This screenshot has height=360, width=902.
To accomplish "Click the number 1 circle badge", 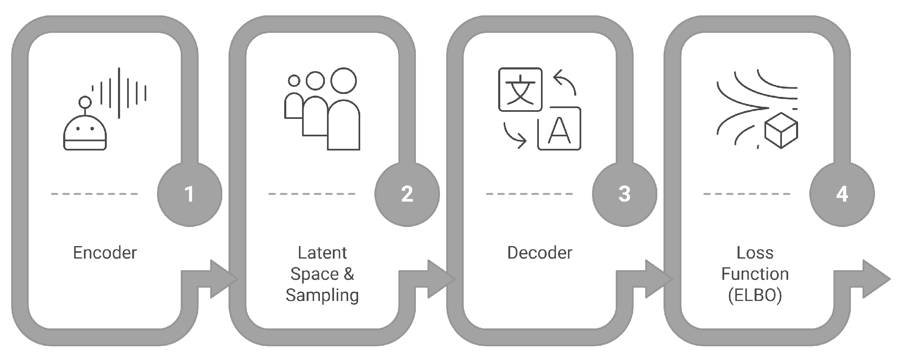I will tap(189, 194).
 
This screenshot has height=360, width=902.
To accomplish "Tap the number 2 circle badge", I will tap(407, 194).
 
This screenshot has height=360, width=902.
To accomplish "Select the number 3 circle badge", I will tap(624, 194).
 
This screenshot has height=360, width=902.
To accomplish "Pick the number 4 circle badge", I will tap(842, 194).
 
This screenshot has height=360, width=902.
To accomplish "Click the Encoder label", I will tap(105, 253).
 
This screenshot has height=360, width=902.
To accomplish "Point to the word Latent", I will tap(322, 253).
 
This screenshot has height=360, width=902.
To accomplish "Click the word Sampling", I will tap(322, 295).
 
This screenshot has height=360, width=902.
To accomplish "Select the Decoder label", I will tap(540, 253).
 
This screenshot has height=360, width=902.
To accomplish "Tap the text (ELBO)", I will tap(755, 295).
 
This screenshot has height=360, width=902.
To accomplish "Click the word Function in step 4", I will tap(755, 274).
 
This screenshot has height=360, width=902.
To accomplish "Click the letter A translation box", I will tap(559, 129).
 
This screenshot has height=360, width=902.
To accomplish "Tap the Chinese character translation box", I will tap(520, 90).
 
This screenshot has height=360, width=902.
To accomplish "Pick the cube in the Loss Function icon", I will tap(781, 130).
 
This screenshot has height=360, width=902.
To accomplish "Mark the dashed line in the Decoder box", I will tap(529, 194).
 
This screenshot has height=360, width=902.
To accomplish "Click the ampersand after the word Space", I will tap(348, 274).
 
